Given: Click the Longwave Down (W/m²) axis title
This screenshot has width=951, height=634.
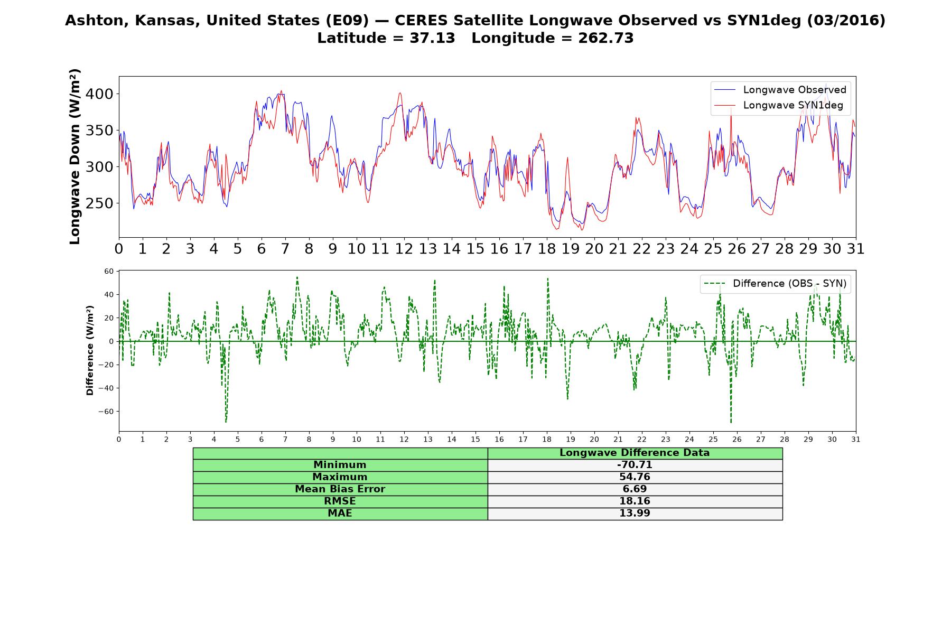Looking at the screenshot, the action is (x=75, y=156).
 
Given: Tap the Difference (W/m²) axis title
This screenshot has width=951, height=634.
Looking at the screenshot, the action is (x=90, y=350).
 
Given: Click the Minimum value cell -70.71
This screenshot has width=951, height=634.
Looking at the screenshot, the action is (x=635, y=465).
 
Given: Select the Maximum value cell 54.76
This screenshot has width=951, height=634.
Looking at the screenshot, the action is (x=635, y=477).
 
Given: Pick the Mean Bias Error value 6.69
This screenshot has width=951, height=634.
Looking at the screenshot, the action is (x=635, y=489).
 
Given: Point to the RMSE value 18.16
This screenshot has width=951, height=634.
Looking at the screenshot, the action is (x=635, y=501).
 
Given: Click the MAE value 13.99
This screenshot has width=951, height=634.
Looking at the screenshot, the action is (x=635, y=514).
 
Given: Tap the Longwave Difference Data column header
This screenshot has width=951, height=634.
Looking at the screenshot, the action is (x=635, y=453).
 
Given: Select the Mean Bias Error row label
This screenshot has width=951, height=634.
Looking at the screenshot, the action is (x=340, y=489).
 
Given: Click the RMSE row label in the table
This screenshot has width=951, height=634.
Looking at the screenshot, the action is (x=340, y=501).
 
